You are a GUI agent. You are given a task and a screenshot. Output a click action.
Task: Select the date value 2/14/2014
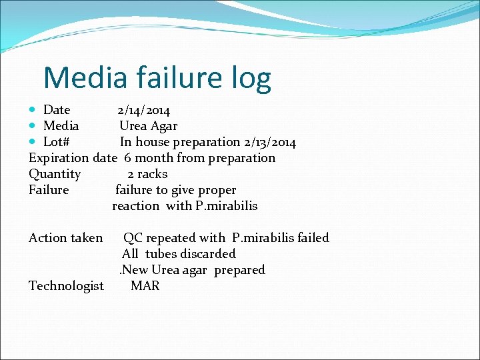(143, 110)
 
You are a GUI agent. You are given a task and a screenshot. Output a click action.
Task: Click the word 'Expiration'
(59, 158)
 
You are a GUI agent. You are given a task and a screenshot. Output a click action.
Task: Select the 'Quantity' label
(55, 175)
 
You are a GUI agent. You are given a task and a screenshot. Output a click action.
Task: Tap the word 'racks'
(153, 174)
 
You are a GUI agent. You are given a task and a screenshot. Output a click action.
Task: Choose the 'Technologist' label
(66, 286)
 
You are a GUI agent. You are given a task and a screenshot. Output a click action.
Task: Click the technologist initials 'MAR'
(145, 286)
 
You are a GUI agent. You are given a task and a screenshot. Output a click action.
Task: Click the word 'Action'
(47, 238)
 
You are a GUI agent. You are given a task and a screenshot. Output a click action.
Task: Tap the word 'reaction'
(136, 206)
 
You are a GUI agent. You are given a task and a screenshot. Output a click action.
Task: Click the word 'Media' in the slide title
(85, 78)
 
